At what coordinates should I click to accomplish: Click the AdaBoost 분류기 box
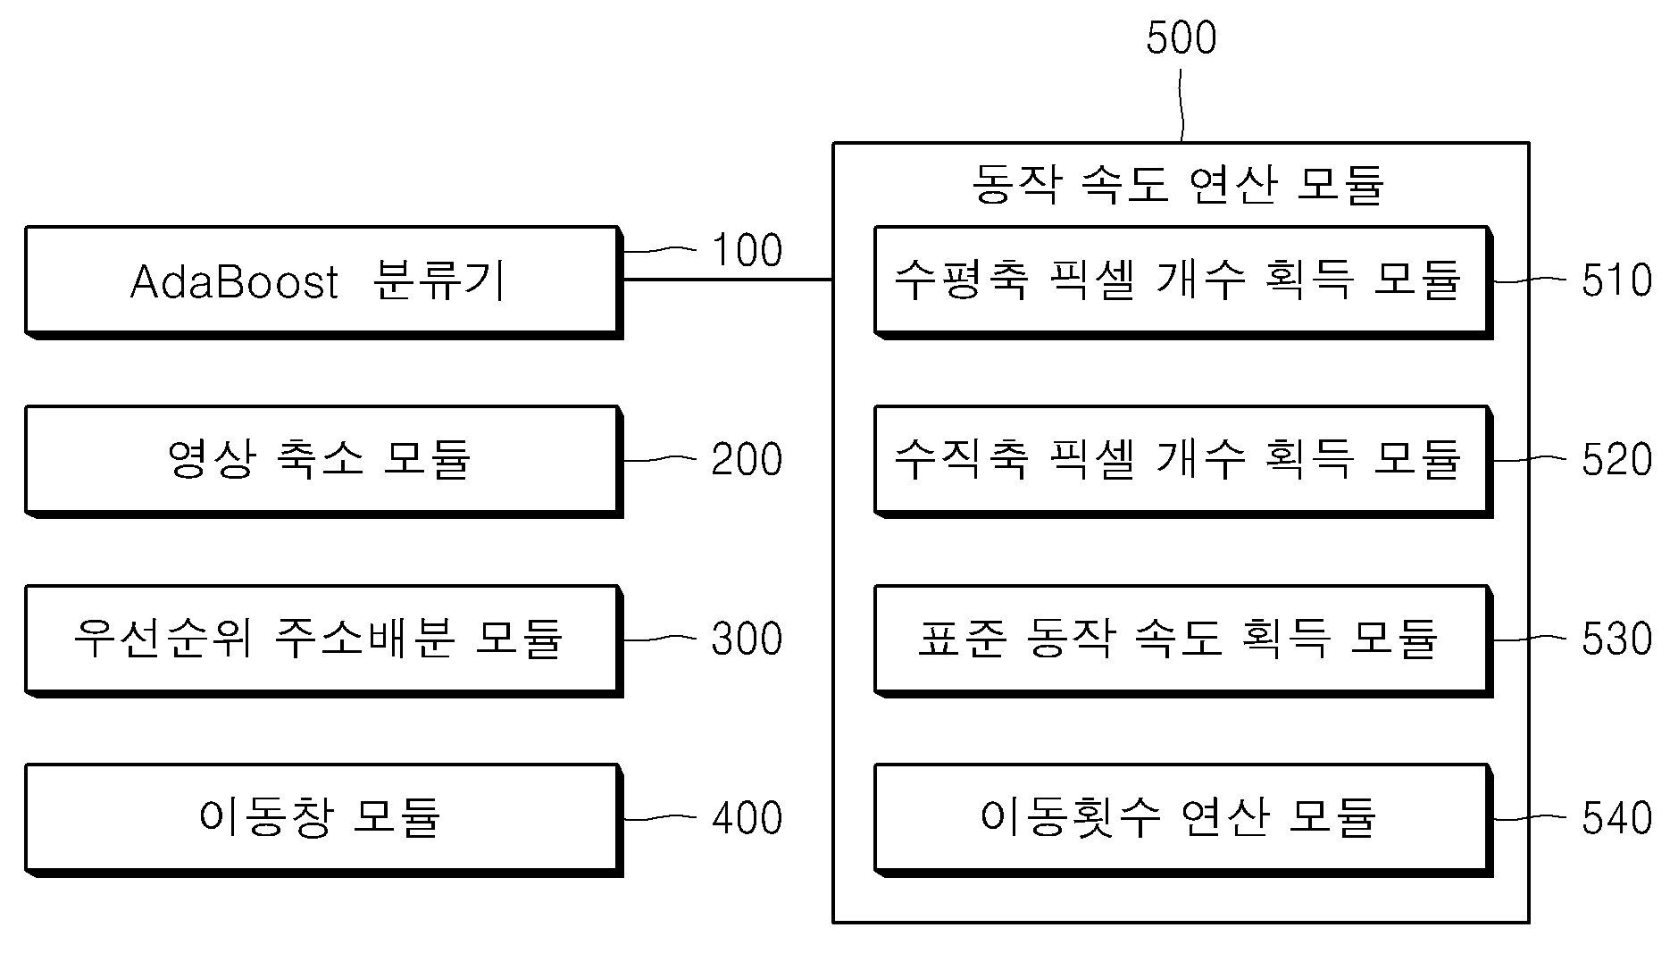(323, 282)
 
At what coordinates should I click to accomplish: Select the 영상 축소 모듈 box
(323, 461)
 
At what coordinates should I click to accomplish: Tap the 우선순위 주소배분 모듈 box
(323, 640)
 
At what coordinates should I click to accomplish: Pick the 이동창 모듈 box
(323, 819)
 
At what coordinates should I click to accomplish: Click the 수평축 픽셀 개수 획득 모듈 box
(1183, 282)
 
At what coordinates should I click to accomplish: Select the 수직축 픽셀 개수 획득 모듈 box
(1183, 461)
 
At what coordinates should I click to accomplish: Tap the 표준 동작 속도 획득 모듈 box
(1183, 640)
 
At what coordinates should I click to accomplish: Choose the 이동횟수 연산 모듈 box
(1183, 819)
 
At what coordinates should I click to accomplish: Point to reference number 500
(1181, 38)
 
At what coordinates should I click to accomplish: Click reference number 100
(747, 250)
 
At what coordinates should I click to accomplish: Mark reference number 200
(747, 460)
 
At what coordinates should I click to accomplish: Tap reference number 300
(747, 640)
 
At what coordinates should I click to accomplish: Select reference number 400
(747, 818)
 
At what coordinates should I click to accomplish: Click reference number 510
(1616, 280)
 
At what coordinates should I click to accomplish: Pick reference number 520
(1616, 460)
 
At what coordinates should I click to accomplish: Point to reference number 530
(1616, 640)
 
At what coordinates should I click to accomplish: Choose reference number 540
(1616, 818)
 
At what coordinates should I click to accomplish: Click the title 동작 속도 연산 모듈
(1179, 185)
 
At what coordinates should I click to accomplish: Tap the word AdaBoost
(234, 282)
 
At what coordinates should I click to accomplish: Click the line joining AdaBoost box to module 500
(728, 280)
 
